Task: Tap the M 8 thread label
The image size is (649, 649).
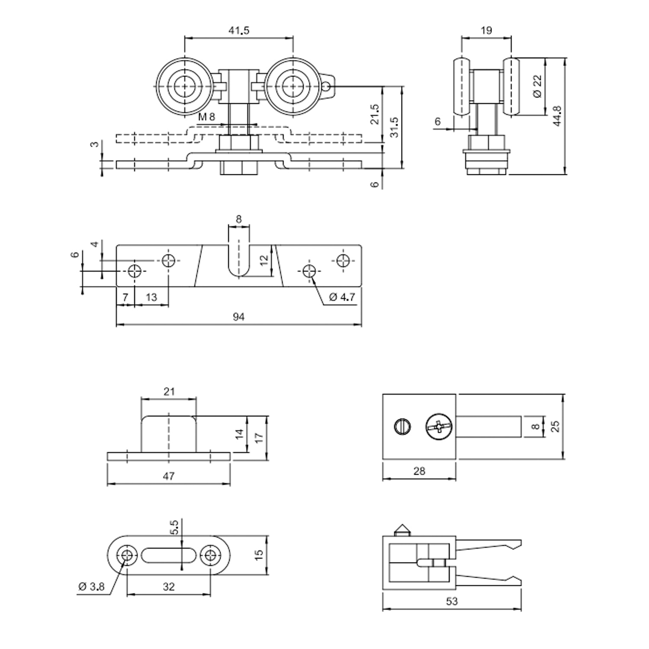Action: pos(206,117)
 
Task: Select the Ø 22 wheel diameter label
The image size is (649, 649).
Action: pos(537,86)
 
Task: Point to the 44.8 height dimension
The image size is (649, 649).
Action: pos(558,116)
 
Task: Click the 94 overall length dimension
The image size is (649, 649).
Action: pos(239,317)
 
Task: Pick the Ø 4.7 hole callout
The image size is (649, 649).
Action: pos(342,297)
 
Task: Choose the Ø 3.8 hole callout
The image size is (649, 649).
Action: pos(91,587)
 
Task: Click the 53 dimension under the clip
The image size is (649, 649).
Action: pos(452,601)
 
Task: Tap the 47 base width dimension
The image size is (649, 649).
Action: pos(169,476)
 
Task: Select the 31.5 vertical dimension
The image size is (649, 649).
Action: pos(394,127)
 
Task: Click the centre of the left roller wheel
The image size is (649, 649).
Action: pos(185,86)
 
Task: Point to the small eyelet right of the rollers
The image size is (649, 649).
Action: pos(328,87)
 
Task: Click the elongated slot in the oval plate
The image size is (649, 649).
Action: pos(169,555)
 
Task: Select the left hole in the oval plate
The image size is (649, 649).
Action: pos(127,555)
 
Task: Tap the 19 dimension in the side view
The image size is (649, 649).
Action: pos(486,30)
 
